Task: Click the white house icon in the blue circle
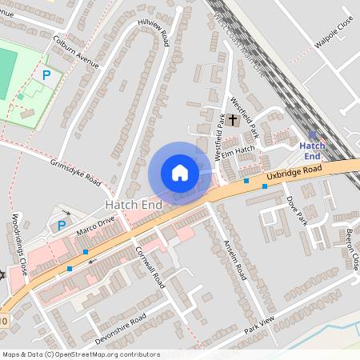coord(180,173)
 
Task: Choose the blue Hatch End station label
coord(312,150)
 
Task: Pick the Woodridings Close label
coord(20,243)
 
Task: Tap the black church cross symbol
coord(233,120)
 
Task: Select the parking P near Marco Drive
coord(62,225)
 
